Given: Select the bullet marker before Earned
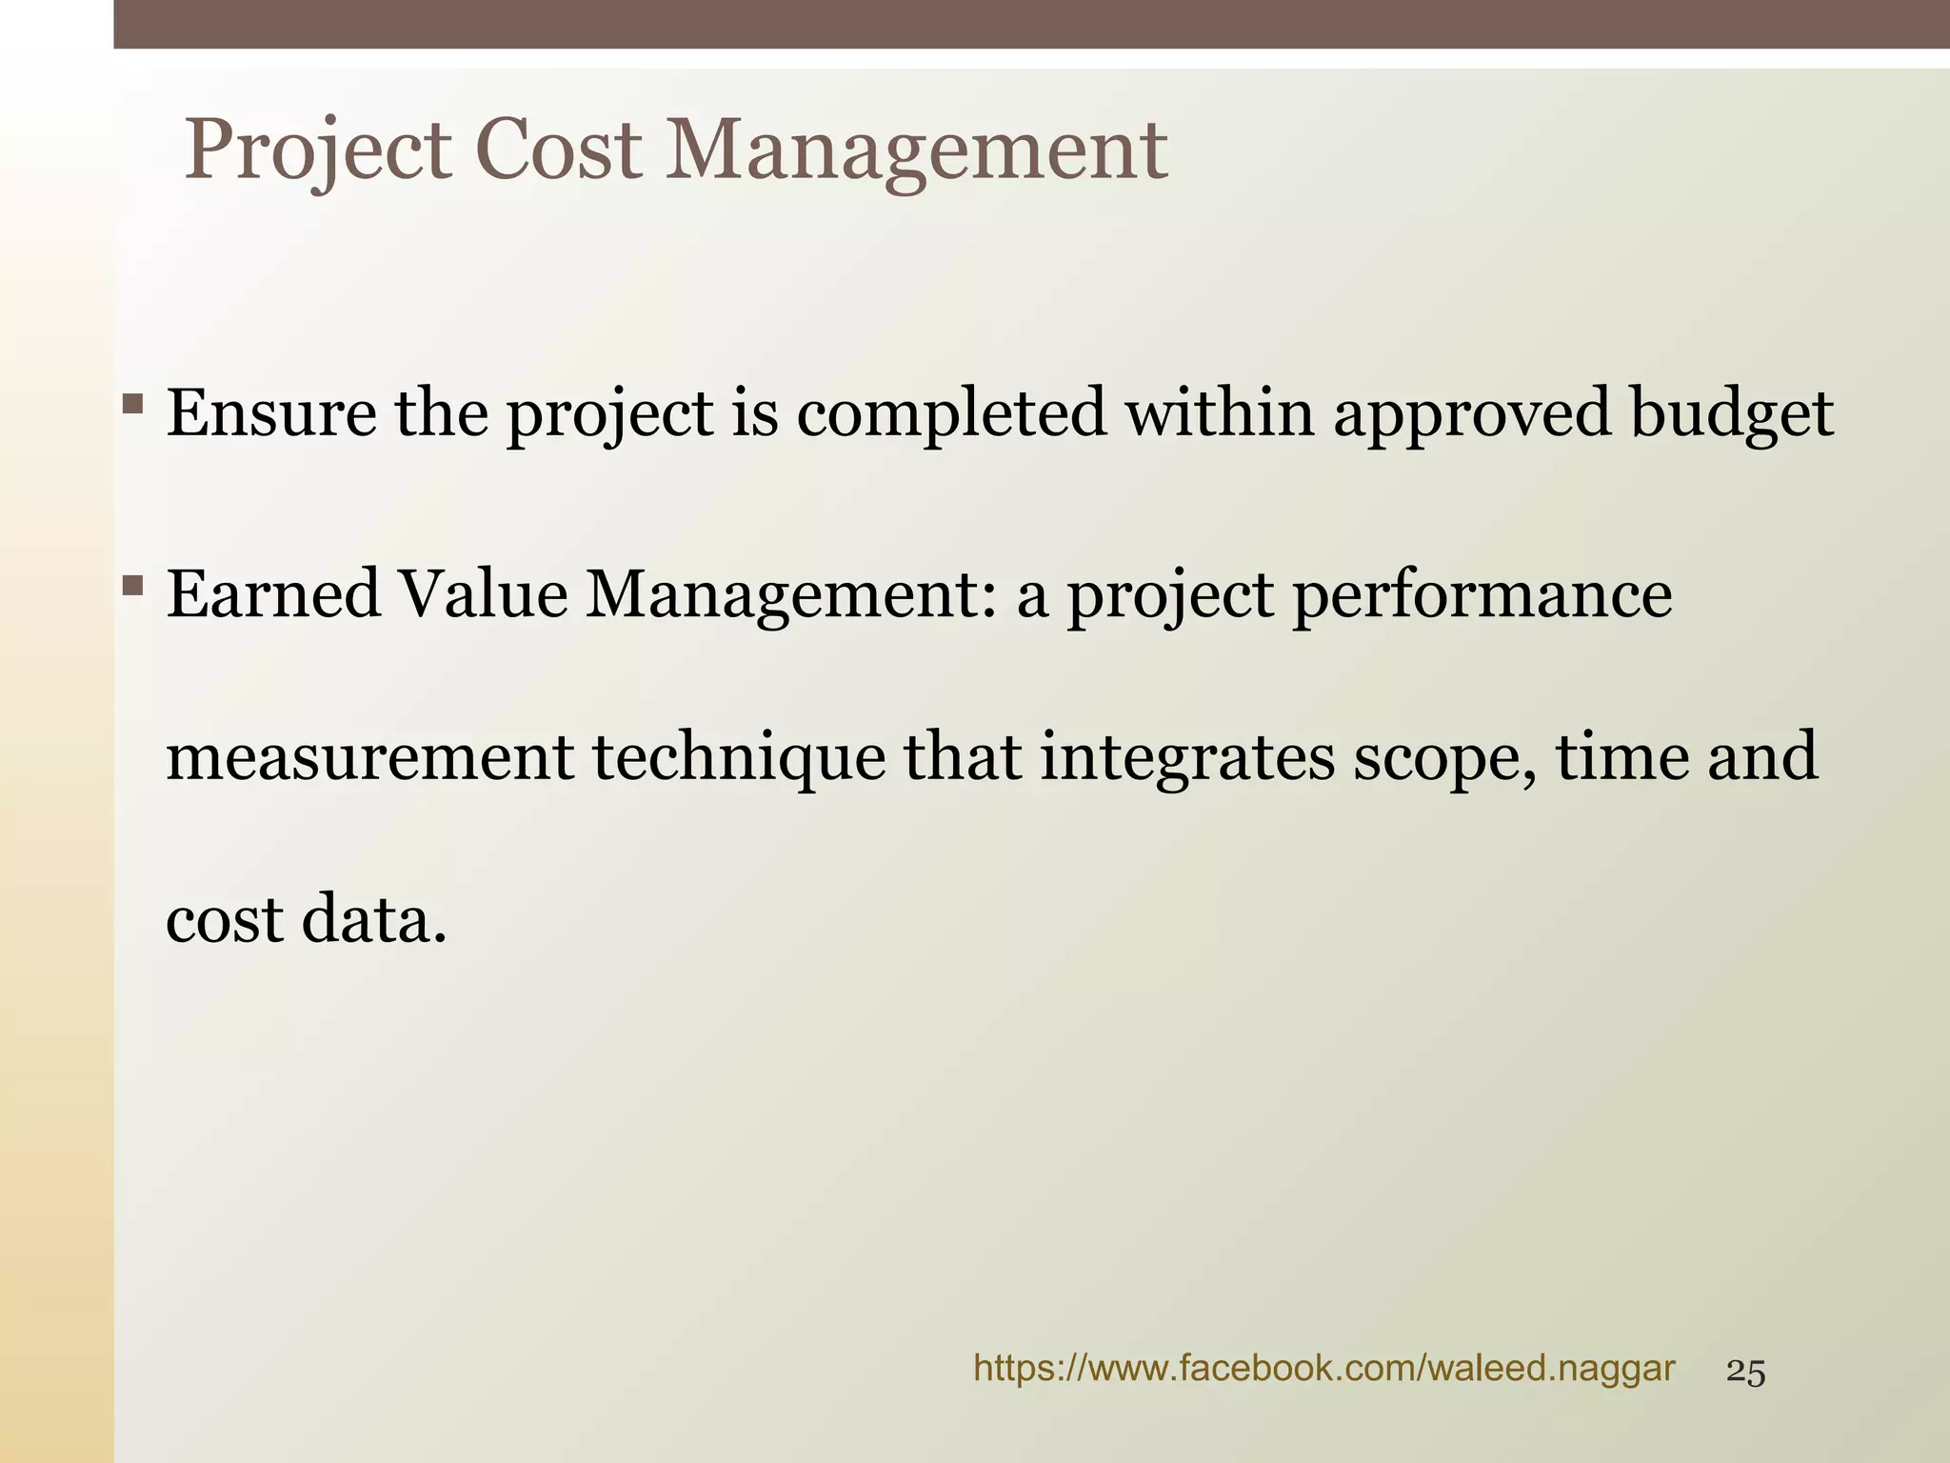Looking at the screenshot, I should point(133,583).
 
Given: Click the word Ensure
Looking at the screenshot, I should point(271,413).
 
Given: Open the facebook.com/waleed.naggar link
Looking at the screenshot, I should point(1323,1370).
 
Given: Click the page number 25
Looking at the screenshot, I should point(1745,1373).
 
